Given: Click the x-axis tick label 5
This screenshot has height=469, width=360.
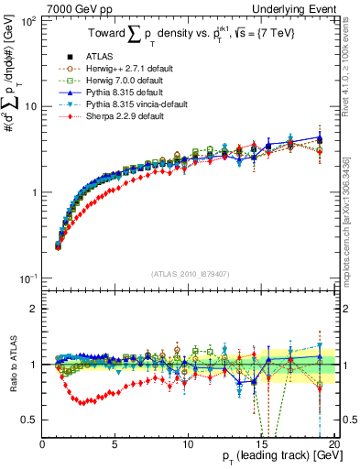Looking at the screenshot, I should click(115, 444).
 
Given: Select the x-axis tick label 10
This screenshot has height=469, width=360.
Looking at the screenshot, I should click(188, 444).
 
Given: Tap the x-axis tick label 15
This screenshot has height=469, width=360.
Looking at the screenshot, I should click(260, 444).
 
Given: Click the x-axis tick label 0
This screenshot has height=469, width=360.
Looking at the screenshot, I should click(43, 444).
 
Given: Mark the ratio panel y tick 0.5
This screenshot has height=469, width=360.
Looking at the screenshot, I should click(31, 420).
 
